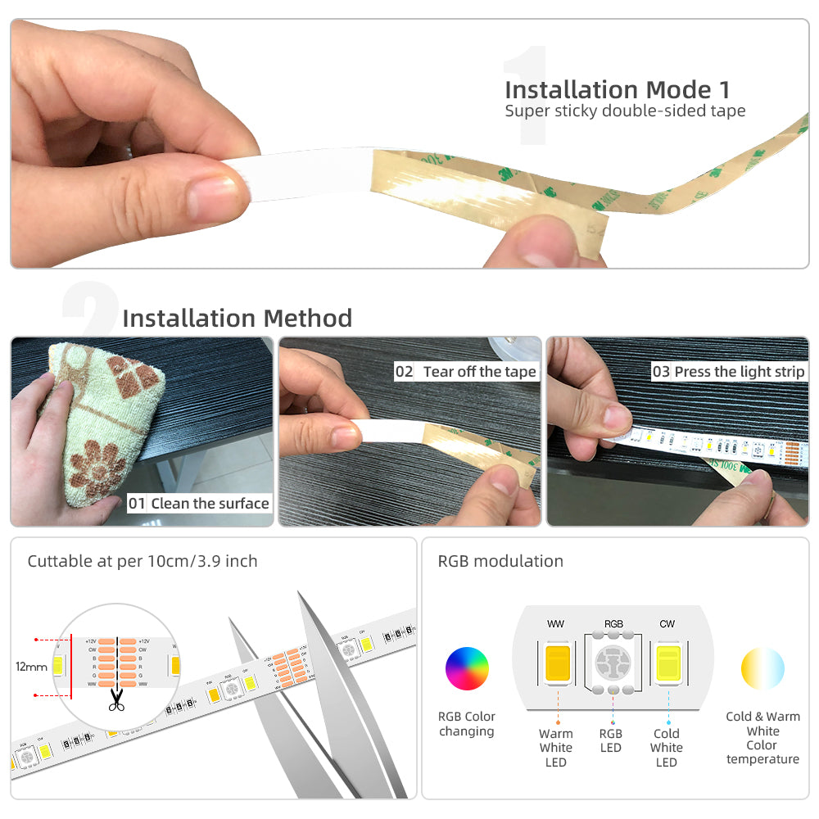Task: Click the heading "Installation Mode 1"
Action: pyautogui.click(x=617, y=89)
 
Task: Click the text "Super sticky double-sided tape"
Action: pyautogui.click(x=625, y=111)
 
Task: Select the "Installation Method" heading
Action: pyautogui.click(x=237, y=318)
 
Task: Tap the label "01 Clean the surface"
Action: pyautogui.click(x=198, y=503)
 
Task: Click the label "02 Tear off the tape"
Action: pyautogui.click(x=465, y=372)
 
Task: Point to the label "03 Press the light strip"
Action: pyautogui.click(x=728, y=372)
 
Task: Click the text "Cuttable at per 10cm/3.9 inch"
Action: pyautogui.click(x=143, y=561)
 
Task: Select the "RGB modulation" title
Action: pyautogui.click(x=500, y=561)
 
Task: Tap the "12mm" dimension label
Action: pyautogui.click(x=32, y=667)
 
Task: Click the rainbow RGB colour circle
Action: pyautogui.click(x=467, y=668)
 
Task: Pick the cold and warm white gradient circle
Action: pyautogui.click(x=762, y=668)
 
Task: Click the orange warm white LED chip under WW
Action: pyautogui.click(x=557, y=663)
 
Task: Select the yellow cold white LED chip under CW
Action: pyautogui.click(x=667, y=663)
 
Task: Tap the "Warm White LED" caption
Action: pyautogui.click(x=556, y=748)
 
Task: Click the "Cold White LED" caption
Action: pyautogui.click(x=667, y=748)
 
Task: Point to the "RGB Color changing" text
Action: pyautogui.click(x=467, y=724)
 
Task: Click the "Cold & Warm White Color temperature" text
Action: pyautogui.click(x=762, y=738)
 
